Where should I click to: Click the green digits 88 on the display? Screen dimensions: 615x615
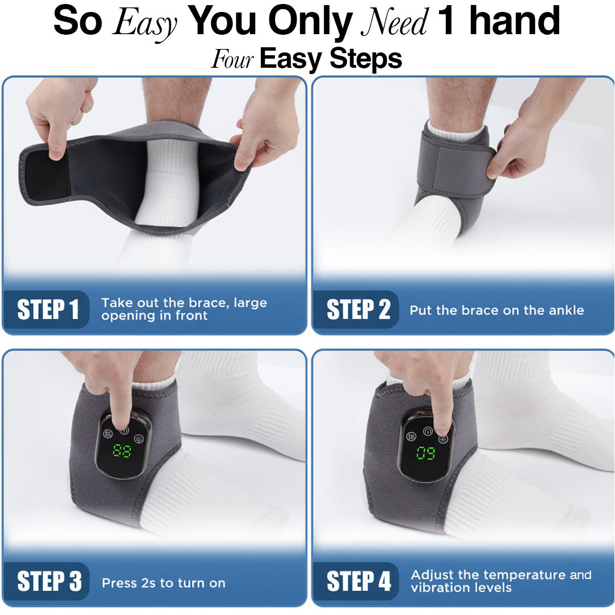[x=122, y=450]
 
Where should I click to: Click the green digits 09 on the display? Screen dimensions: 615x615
[x=425, y=453]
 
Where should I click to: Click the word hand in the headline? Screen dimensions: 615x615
[x=514, y=20]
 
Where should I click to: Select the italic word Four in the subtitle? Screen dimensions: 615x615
[x=232, y=59]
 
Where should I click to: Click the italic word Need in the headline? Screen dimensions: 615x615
[x=394, y=22]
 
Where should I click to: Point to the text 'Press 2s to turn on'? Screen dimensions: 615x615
[x=163, y=583]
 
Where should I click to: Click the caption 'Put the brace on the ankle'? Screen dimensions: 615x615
[x=497, y=310]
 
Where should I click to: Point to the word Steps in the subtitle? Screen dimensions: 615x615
[x=366, y=59]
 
